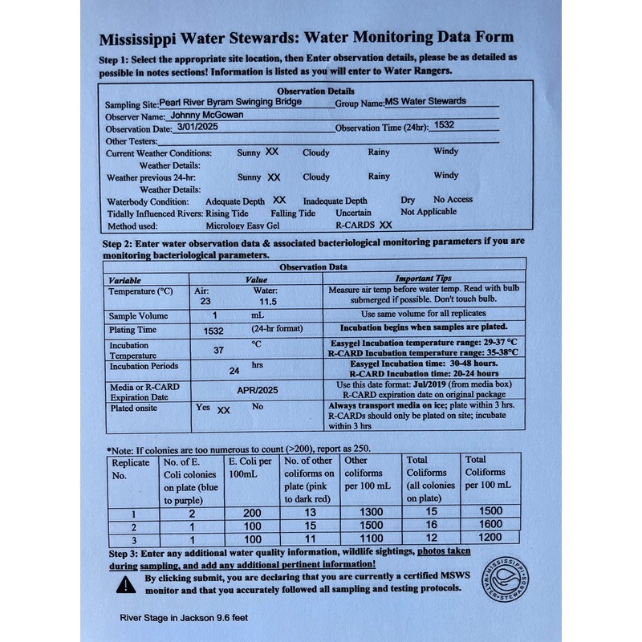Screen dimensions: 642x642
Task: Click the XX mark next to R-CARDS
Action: pos(385,226)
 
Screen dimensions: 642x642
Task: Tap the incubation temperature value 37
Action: pos(218,351)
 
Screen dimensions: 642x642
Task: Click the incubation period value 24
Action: pos(234,371)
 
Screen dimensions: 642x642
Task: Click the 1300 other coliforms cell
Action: pos(367,510)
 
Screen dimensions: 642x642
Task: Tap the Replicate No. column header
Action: pos(131,469)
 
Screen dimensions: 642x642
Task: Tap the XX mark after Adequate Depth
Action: pos(278,200)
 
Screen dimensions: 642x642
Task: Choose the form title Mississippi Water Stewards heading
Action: pos(306,38)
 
